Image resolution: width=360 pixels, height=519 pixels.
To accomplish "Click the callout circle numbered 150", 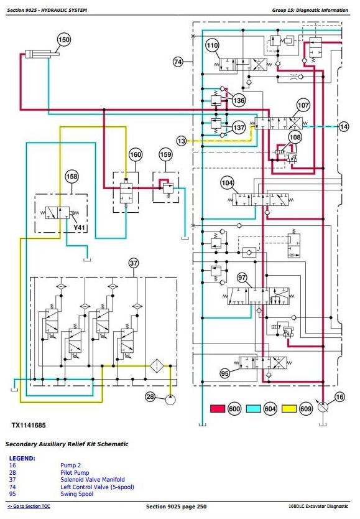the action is pos(64,40).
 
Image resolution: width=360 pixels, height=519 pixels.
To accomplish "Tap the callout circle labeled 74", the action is pos(178,62).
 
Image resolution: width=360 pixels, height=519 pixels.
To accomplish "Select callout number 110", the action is pos(212,45).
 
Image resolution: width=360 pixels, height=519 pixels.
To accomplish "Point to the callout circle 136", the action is pos(239,100).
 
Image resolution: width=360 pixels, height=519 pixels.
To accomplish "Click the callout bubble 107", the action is pos(303,106).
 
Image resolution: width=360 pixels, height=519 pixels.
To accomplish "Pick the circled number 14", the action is pos(344,126).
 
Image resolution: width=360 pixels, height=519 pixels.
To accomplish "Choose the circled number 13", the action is pos(182,141).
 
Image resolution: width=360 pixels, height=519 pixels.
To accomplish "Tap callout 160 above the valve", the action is pos(136,154).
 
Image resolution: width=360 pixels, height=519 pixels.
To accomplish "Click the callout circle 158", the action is pos(72,176).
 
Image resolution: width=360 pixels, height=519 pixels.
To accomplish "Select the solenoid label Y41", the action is pos(79,228).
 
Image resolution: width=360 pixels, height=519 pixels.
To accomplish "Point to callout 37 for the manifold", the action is pos(134,263).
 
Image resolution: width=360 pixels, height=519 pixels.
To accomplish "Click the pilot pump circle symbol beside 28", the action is pos(170,400).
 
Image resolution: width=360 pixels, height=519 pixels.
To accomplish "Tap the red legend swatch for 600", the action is pos(218,409).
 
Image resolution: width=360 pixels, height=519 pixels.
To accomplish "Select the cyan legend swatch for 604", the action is pos(253,409).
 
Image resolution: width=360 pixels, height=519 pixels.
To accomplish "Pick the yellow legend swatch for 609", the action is pos(289,409).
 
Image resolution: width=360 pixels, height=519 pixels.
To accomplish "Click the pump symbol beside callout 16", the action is pos(323,406).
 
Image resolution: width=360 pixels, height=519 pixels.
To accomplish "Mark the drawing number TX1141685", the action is pos(29,425).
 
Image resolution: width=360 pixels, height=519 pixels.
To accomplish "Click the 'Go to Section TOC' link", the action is pos(29,506).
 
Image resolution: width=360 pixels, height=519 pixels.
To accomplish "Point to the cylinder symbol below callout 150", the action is pos(42,54).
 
